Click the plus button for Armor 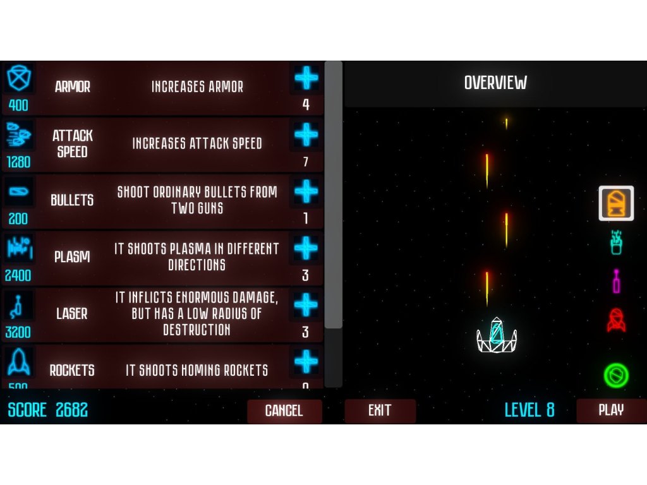pos(306,78)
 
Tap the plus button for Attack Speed pos(306,135)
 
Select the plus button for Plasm pos(306,249)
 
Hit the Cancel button pos(284,410)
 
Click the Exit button pos(380,410)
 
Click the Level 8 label pos(529,410)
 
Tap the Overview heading pos(495,83)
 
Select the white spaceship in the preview pos(497,335)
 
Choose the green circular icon pos(616,376)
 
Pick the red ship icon pos(616,320)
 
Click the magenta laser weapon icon pos(616,281)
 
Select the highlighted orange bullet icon pos(616,203)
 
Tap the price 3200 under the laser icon pos(18,332)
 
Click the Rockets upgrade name pos(72,370)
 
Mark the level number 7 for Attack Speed pos(306,162)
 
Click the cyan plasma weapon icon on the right pos(616,242)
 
